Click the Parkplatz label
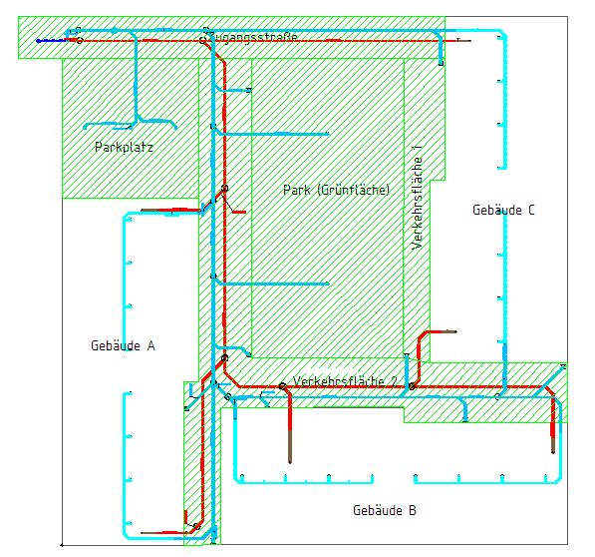click(124, 148)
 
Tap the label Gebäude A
click(123, 345)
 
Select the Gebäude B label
click(385, 510)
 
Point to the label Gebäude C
click(503, 210)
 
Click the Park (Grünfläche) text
click(337, 190)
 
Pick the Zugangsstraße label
click(253, 37)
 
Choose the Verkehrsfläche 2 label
click(345, 380)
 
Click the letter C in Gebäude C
click(531, 210)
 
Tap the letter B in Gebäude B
click(413, 510)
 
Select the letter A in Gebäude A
click(151, 345)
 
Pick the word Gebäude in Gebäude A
click(116, 345)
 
